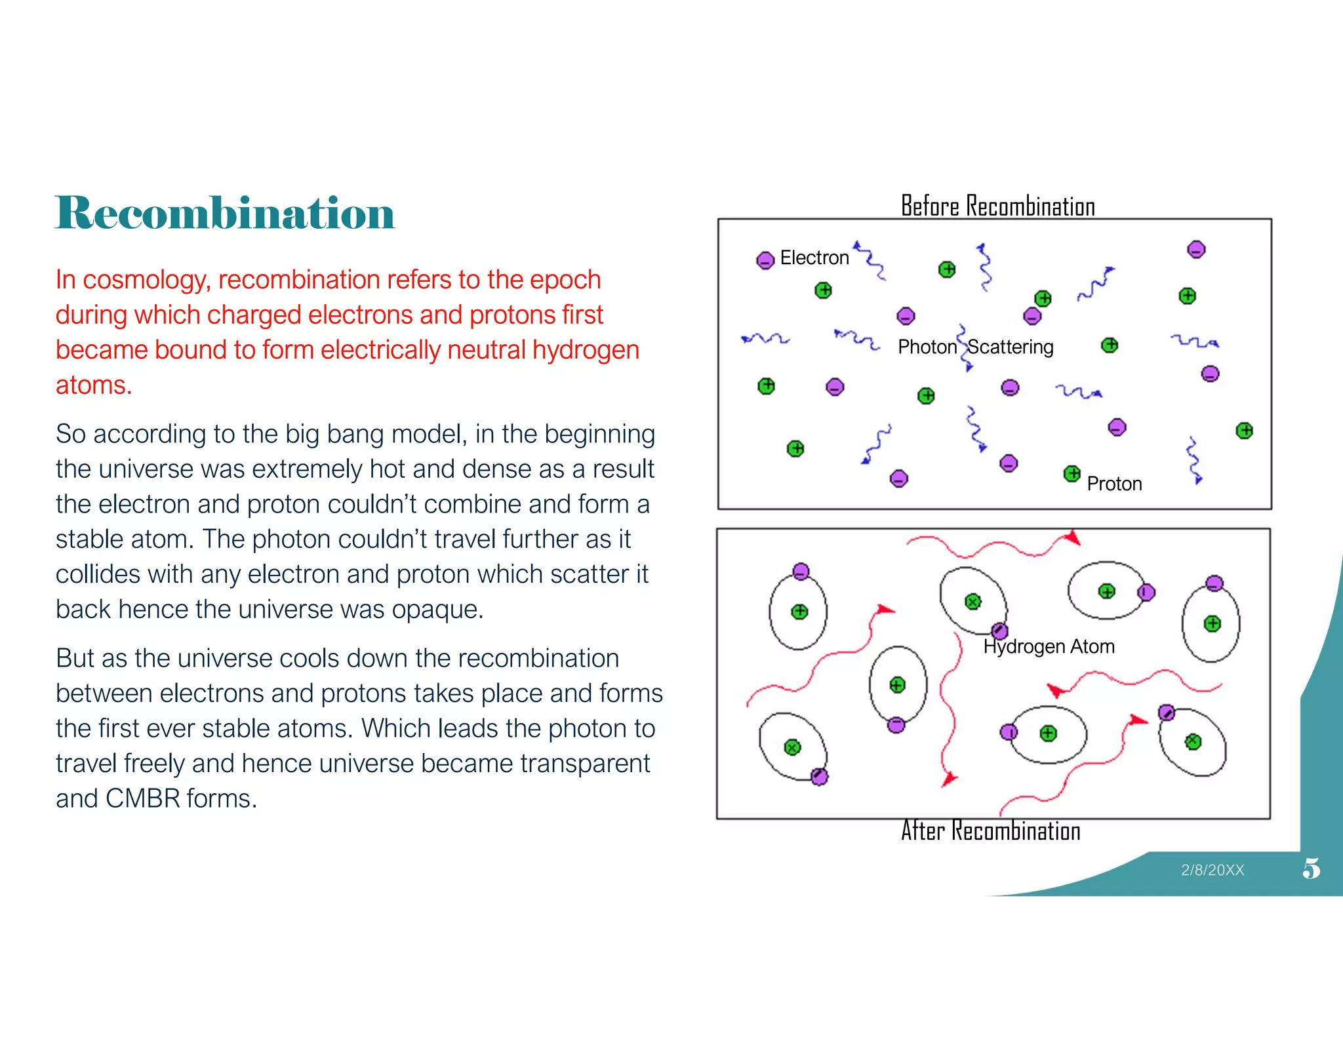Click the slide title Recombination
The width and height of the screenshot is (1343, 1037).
coord(224,213)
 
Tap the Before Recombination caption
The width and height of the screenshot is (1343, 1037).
coord(997,206)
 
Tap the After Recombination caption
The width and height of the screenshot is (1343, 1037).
coord(990,831)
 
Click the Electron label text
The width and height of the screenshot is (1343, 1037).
coord(814,258)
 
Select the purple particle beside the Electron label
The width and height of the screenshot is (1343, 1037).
coord(765,260)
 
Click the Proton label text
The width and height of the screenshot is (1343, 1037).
coord(1113,484)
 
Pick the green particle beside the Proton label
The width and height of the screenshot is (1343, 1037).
coord(1072,473)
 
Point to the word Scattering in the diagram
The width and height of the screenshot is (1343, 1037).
coord(1011,347)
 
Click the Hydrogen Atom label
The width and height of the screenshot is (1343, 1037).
coord(1049,646)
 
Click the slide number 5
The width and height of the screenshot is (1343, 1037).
coord(1311,869)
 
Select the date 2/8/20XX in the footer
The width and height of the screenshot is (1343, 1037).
coord(1212,870)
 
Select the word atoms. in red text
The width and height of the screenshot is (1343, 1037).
coord(94,385)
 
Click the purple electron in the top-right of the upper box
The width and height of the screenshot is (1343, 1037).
coord(1196,250)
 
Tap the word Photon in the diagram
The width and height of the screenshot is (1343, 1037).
coord(927,347)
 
